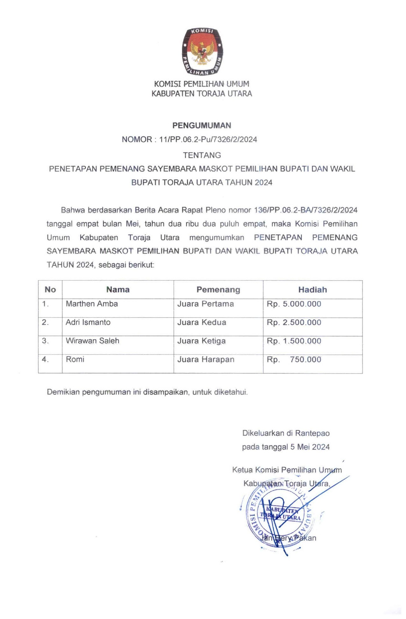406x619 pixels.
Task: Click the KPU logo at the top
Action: tap(202, 52)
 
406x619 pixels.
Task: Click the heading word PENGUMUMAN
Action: tap(202, 126)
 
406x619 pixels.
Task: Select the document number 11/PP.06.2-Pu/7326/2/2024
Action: tap(208, 140)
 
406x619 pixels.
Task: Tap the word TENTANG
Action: tap(202, 155)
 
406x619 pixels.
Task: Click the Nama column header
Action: tap(118, 290)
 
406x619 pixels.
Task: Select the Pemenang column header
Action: tap(218, 290)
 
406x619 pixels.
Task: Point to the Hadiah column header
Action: tap(312, 290)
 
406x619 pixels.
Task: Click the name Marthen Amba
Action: tap(92, 304)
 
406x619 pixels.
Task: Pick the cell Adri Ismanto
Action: tap(88, 322)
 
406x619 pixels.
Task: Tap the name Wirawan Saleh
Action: tap(92, 341)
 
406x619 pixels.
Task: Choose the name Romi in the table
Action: tap(75, 360)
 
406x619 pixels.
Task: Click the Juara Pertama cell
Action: tap(205, 304)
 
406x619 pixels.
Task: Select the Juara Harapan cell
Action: tap(206, 360)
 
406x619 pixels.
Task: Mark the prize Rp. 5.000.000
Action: tap(294, 304)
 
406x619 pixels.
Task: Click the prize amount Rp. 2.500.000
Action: tap(294, 322)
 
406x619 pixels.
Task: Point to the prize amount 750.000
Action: tap(305, 360)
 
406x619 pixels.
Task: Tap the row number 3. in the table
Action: tap(45, 341)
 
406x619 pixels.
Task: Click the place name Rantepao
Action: tap(312, 433)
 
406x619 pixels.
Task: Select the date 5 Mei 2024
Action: tap(310, 447)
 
